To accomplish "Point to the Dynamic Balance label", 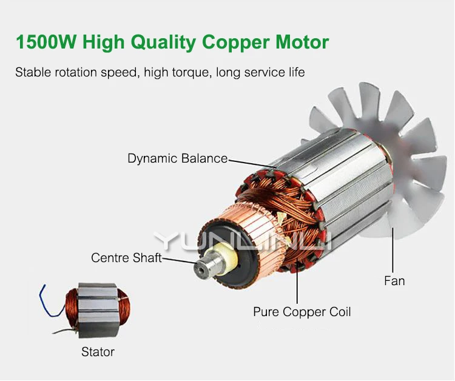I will [x=177, y=159].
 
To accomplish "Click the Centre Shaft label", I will [x=126, y=258].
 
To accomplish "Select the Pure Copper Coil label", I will [x=302, y=312].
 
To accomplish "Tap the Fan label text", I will [x=394, y=281].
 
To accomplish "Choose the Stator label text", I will [x=98, y=352].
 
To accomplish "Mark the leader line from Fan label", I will [x=393, y=249].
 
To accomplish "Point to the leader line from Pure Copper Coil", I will [x=297, y=285].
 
